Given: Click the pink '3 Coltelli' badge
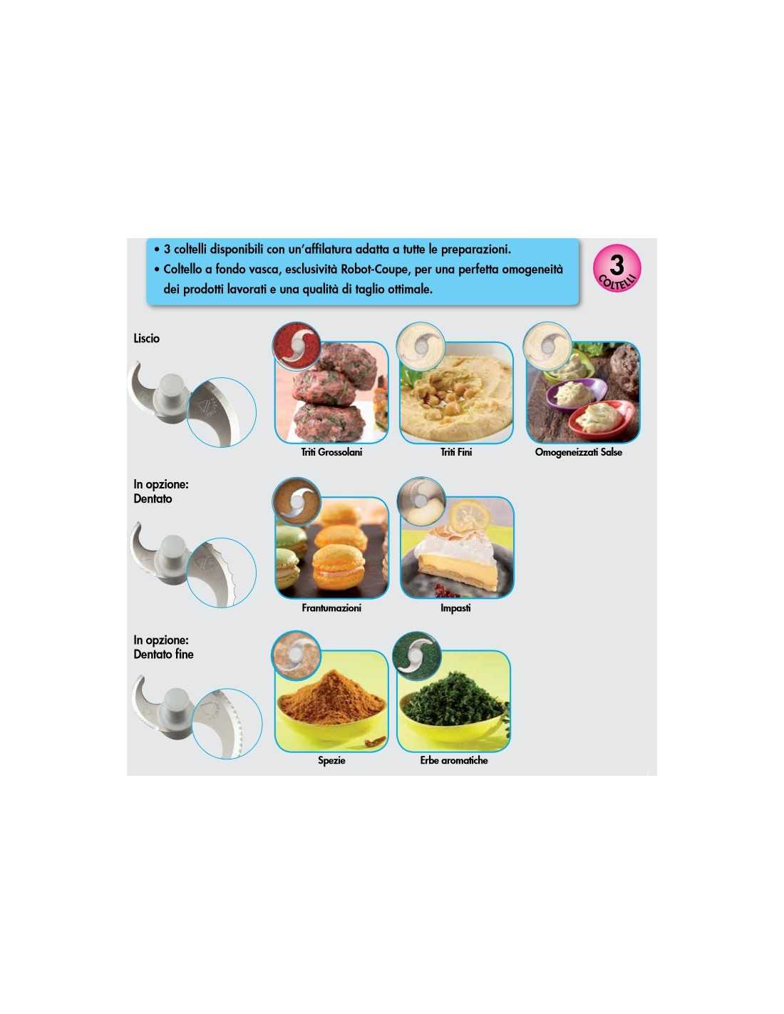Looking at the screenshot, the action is click(617, 268).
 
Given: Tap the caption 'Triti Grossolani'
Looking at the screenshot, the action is click(331, 451).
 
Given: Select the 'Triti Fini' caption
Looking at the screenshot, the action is click(456, 451).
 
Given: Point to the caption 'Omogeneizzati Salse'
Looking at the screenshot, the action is click(578, 451).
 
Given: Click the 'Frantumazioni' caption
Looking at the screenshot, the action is click(331, 608).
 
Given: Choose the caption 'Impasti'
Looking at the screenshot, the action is click(455, 608).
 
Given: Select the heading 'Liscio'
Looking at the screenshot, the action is click(146, 338).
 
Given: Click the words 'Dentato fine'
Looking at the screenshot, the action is click(163, 654).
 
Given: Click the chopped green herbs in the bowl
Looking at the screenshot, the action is click(453, 701).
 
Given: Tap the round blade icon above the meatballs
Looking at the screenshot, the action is click(296, 345).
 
